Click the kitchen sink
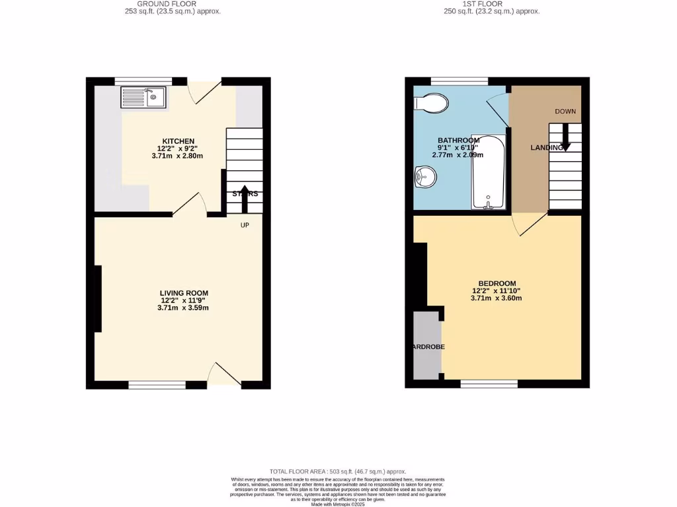click(x=143, y=98)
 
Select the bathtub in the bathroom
click(x=488, y=172)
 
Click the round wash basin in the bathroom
click(x=424, y=176)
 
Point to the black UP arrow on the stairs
click(x=245, y=199)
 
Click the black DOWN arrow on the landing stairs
click(x=565, y=137)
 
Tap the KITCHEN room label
click(x=179, y=141)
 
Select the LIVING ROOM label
click(x=184, y=293)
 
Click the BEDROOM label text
click(x=497, y=283)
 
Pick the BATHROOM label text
click(x=458, y=141)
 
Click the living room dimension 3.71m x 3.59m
click(x=184, y=308)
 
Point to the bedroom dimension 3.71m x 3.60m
click(x=497, y=298)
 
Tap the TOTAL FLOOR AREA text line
click(x=338, y=471)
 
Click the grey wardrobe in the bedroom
click(x=426, y=346)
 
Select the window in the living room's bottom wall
click(x=157, y=384)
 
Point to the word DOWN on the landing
click(x=565, y=112)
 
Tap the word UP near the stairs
click(x=245, y=224)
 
